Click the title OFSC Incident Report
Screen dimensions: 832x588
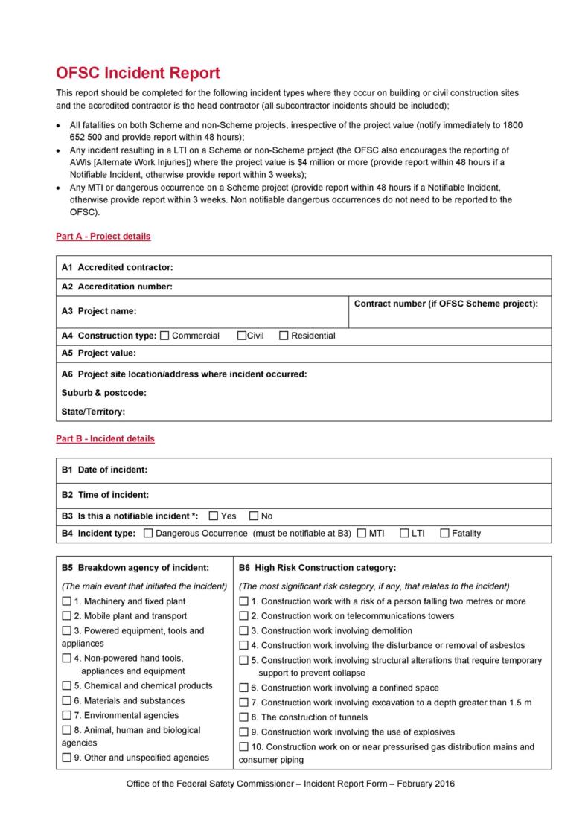[138, 73]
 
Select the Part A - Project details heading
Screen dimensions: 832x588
[103, 237]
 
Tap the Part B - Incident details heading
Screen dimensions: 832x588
[105, 439]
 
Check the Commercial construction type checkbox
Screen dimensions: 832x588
[164, 336]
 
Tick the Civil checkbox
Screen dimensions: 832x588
[241, 336]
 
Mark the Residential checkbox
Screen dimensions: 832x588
[284, 336]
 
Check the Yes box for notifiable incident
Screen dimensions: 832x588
[214, 516]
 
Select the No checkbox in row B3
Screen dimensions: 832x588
[254, 516]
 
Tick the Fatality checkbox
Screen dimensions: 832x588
[444, 533]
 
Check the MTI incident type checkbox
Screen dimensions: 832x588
[362, 533]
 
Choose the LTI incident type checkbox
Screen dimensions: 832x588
[404, 533]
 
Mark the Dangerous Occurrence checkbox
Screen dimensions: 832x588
[148, 533]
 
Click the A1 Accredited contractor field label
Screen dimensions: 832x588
[118, 267]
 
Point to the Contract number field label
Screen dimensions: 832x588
[446, 304]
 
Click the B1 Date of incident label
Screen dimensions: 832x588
[104, 470]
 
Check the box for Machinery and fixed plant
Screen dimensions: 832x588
[67, 601]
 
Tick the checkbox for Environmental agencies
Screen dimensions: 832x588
[67, 715]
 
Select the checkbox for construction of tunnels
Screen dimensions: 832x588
[244, 717]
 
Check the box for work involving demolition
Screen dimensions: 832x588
[244, 630]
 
